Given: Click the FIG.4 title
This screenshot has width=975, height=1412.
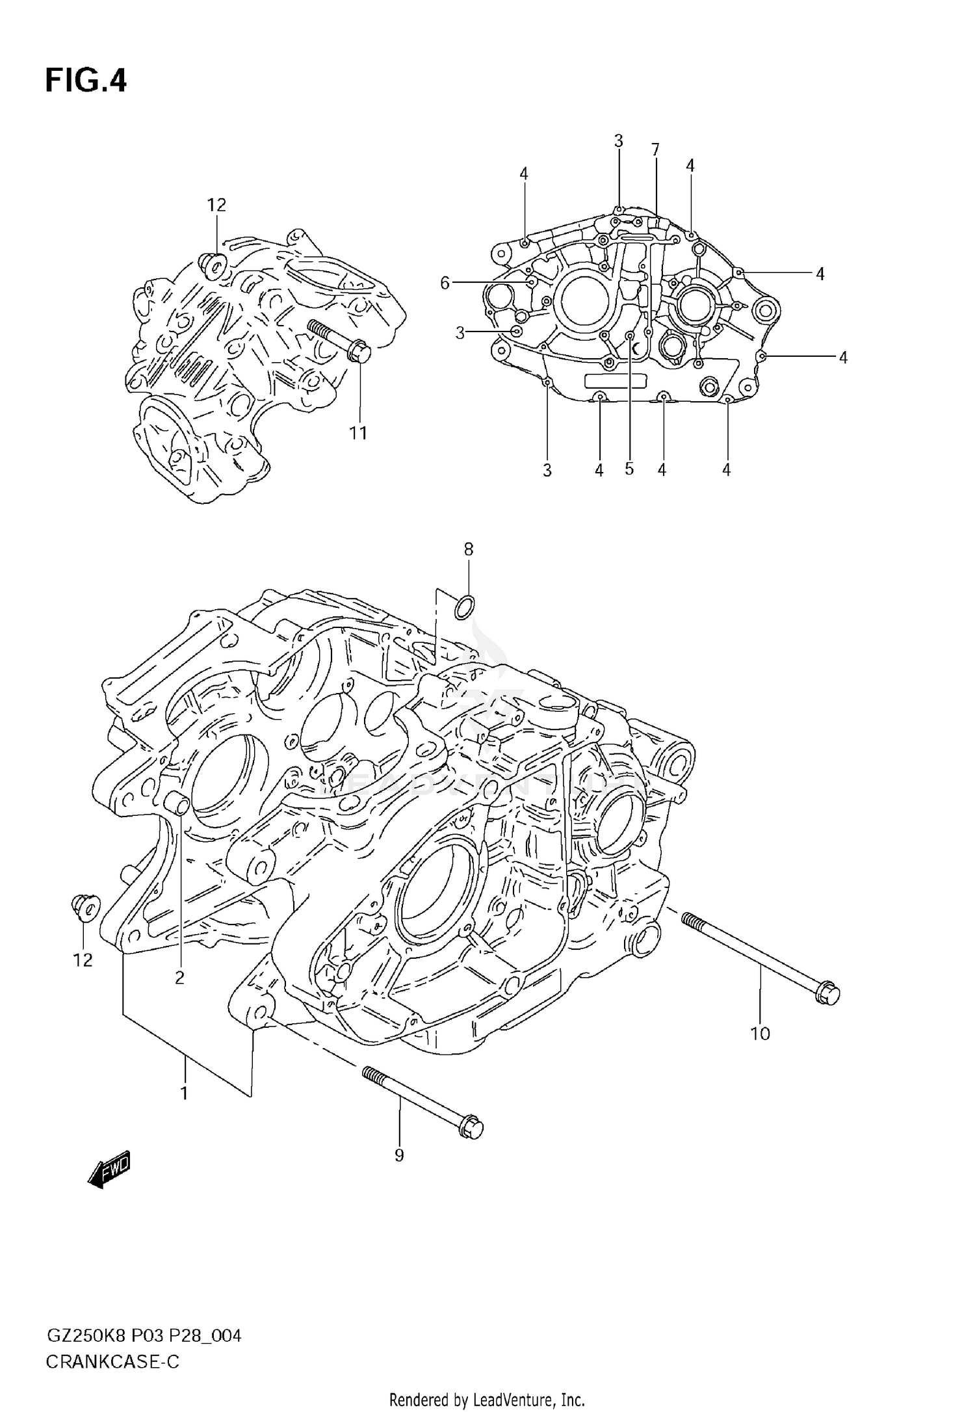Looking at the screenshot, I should tap(86, 81).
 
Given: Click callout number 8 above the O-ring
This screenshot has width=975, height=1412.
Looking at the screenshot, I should tap(468, 549).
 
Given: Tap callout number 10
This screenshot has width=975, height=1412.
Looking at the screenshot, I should tap(760, 1034).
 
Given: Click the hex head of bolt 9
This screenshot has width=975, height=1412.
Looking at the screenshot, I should tap(473, 1128).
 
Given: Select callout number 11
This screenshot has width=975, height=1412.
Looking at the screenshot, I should tap(358, 433).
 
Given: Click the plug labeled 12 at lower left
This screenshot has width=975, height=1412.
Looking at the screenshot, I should tap(85, 908).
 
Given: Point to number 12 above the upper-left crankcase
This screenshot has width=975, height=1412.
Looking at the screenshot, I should tap(216, 205).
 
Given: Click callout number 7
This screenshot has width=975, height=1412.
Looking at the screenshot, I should tap(655, 150).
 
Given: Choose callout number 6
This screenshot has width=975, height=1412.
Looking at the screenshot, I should tap(445, 282).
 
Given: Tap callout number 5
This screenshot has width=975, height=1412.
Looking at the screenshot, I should tap(629, 469).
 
